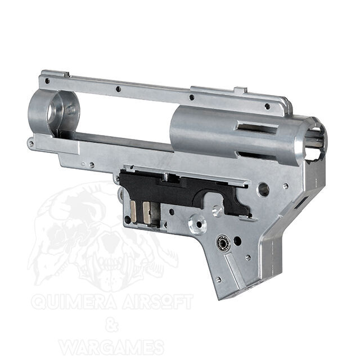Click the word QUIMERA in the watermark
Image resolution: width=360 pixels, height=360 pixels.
(75, 301)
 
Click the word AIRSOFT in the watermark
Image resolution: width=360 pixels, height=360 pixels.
(157, 301)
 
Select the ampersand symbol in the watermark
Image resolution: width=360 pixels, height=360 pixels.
(112, 324)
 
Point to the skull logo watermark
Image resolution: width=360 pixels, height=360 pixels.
(103, 234)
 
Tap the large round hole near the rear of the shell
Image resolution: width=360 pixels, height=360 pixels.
(264, 190)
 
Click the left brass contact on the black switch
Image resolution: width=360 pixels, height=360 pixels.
(133, 211)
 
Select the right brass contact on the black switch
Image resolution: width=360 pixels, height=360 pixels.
(146, 213)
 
